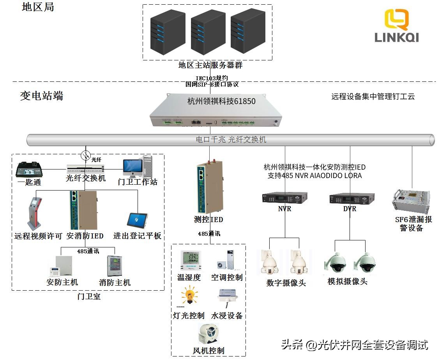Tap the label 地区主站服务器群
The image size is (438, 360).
[x=210, y=65]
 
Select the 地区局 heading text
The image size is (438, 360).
[x=38, y=7]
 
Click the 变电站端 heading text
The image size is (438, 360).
[x=42, y=96]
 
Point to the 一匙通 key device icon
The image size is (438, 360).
[x=29, y=170]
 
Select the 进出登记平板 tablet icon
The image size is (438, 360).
[x=137, y=220]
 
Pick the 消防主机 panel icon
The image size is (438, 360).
[x=115, y=266]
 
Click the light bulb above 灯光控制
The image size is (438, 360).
[x=189, y=296]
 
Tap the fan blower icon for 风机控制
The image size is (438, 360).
[x=209, y=334]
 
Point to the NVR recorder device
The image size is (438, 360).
[x=284, y=198]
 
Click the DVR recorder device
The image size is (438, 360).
[x=352, y=198]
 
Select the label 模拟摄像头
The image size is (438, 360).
[x=347, y=281]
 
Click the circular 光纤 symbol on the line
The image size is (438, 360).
[x=85, y=156]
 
